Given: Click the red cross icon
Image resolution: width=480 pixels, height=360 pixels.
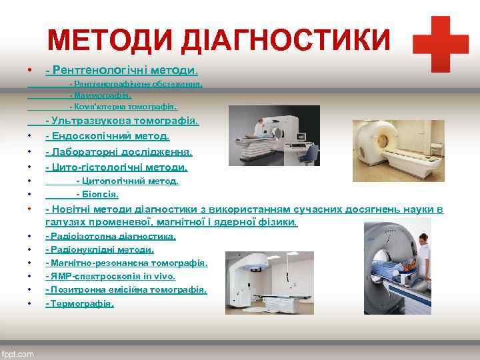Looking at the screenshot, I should click(440, 44).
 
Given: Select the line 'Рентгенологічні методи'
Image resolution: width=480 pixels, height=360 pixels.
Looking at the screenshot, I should click(122, 70).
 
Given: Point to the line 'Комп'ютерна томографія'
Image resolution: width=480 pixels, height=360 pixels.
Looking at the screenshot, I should click(123, 106).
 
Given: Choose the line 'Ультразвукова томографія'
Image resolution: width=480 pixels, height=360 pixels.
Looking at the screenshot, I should click(122, 121).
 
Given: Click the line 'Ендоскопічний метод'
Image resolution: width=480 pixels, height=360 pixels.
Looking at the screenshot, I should click(107, 136).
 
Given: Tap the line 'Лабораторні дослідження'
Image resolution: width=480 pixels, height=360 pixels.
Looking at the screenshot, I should click(119, 152).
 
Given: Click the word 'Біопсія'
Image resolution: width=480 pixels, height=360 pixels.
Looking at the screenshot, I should click(98, 195).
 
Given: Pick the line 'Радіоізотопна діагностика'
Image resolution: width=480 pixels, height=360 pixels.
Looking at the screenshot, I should click(111, 237).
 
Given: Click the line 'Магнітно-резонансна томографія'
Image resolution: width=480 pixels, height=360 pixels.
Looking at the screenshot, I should click(126, 263).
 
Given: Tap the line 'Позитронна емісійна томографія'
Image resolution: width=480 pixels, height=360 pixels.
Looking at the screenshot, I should click(126, 290).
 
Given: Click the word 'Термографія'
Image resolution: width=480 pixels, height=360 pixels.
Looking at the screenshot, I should click(80, 303).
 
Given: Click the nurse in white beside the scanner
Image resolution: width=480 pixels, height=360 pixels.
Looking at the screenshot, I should click(421, 249).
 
